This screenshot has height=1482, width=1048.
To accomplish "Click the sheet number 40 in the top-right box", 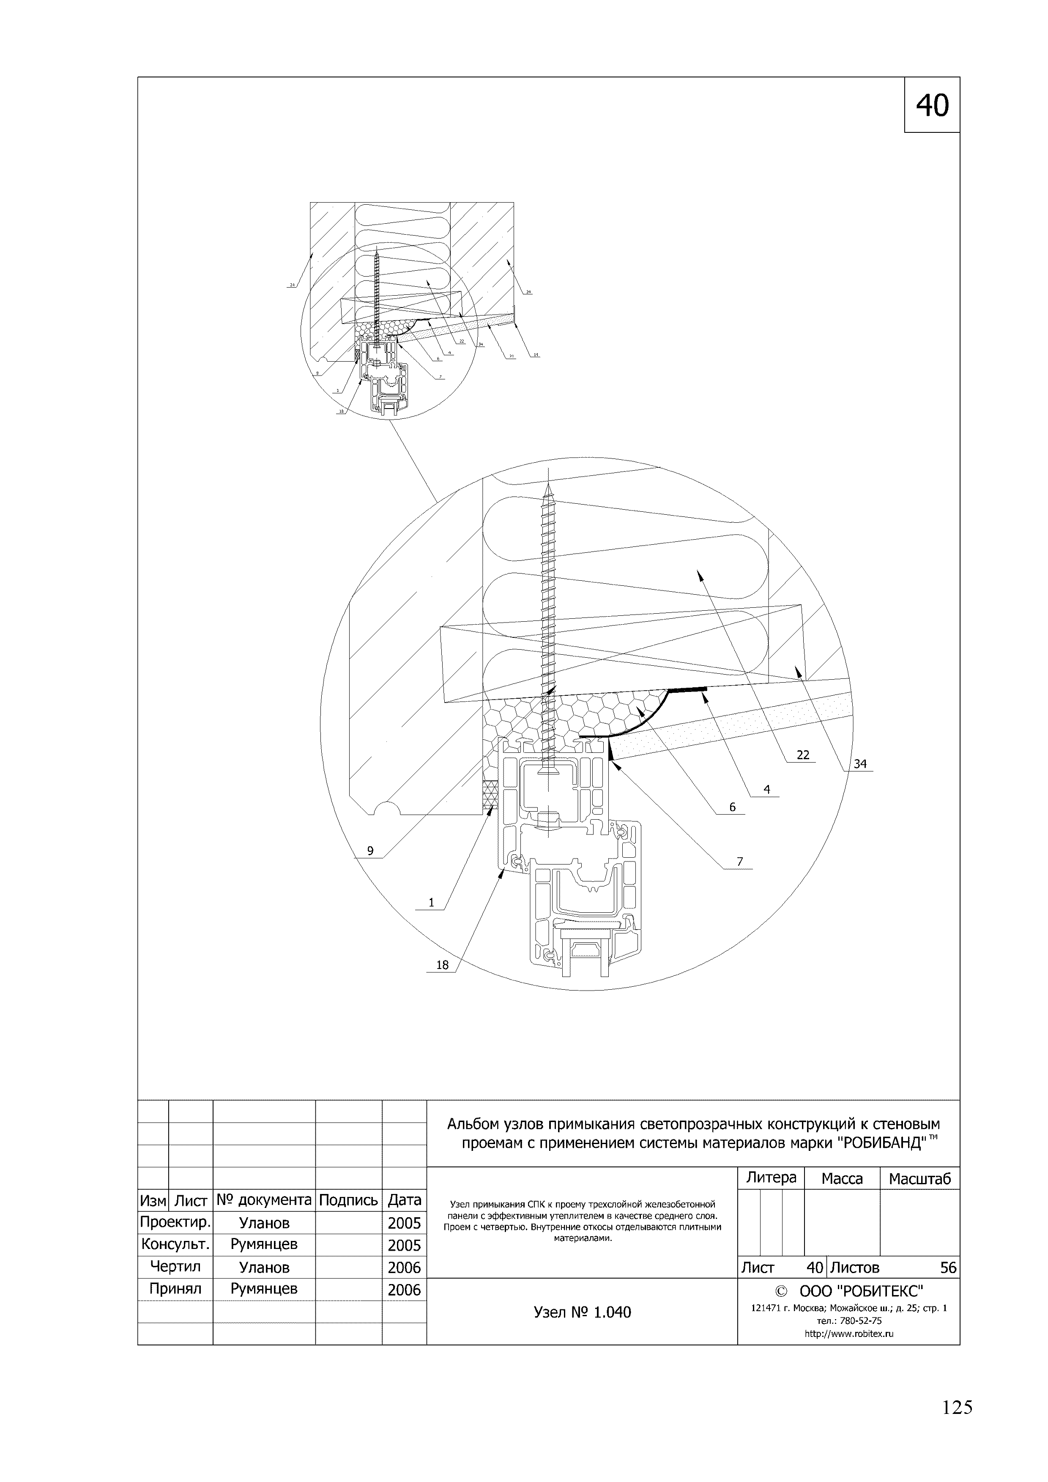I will click(933, 105).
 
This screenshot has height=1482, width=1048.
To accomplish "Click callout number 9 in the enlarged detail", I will click(370, 850).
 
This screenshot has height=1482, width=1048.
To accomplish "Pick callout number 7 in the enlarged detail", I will click(739, 861).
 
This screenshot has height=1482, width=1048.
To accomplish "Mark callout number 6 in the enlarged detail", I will click(733, 807).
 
